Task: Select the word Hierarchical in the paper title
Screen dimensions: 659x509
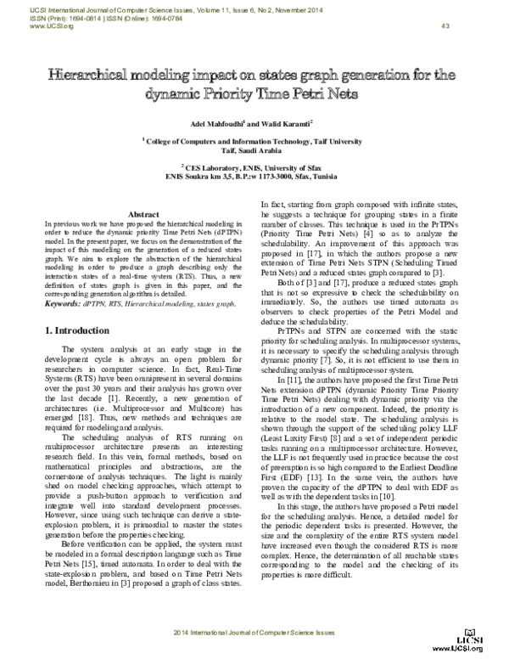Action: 89,76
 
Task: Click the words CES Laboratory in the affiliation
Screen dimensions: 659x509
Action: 219,169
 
